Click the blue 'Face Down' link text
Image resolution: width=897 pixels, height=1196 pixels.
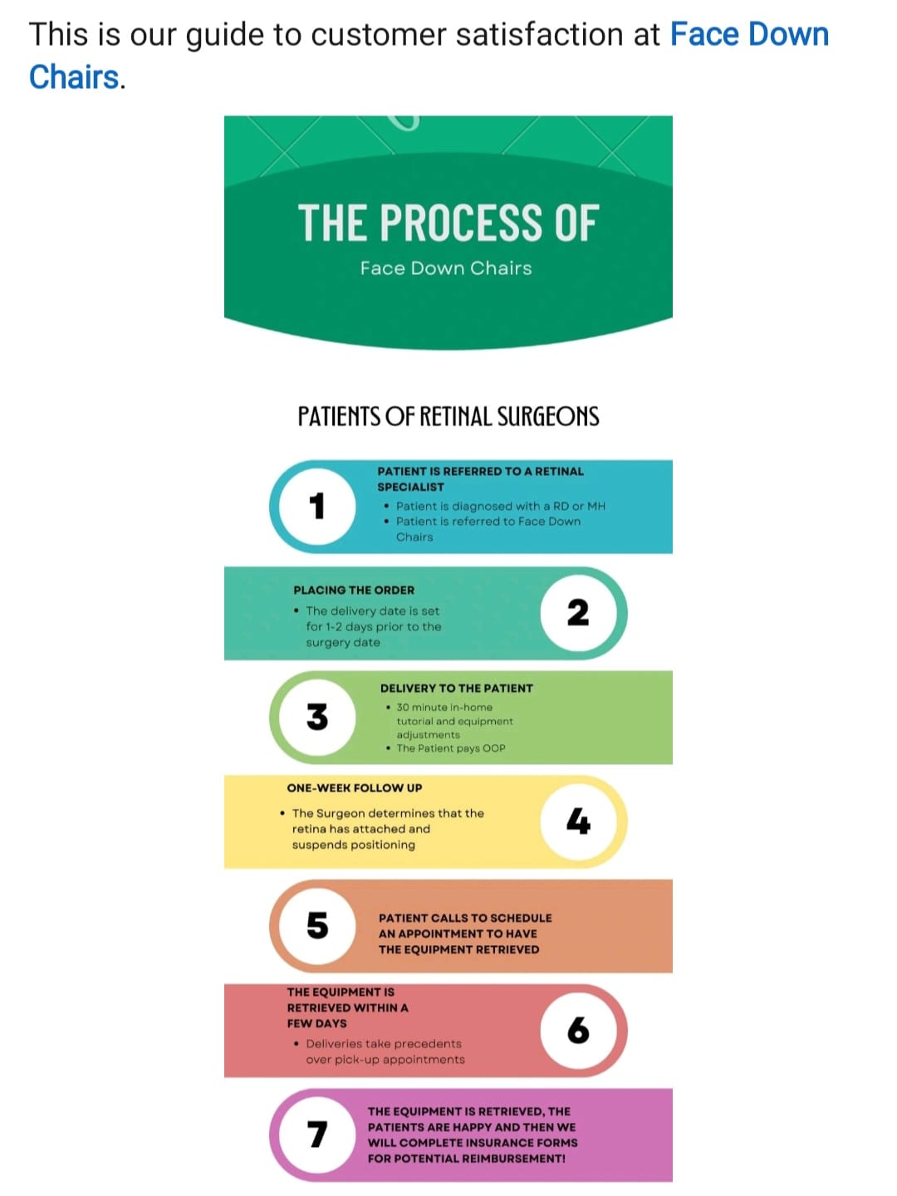[x=749, y=35]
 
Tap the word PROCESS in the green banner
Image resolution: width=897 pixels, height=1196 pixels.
[x=461, y=223]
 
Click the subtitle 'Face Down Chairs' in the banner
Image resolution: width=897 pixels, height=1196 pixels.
[x=445, y=268]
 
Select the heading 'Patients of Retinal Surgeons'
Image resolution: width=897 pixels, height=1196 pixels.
[x=448, y=416]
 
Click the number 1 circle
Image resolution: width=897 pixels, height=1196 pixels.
[x=317, y=506]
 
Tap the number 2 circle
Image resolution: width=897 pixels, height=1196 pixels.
[x=578, y=613]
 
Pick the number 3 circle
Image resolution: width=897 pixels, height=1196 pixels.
[x=317, y=717]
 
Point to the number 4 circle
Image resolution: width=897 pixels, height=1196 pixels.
[x=578, y=821]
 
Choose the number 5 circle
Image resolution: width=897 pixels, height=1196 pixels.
[x=317, y=926]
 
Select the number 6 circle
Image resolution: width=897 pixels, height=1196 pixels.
[x=578, y=1030]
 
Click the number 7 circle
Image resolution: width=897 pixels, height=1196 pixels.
[x=317, y=1135]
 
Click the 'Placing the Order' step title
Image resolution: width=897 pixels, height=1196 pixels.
[x=354, y=590]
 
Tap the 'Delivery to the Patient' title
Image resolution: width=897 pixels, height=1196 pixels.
[x=457, y=689]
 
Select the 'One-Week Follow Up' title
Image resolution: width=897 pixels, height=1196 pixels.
[x=354, y=788]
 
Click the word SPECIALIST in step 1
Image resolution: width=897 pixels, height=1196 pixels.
[x=410, y=487]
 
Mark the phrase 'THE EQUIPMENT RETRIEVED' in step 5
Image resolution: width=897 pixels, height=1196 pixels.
[x=458, y=949]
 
